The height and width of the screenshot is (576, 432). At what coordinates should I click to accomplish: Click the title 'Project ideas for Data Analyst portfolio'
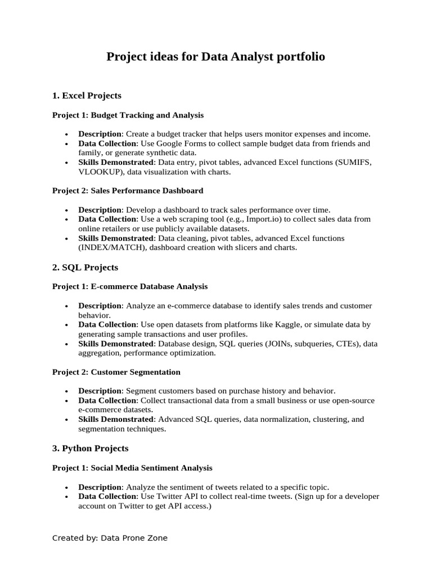click(x=216, y=57)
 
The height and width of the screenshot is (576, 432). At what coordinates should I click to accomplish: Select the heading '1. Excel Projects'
click(x=87, y=96)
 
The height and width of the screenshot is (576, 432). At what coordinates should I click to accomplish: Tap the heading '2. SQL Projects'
click(x=85, y=267)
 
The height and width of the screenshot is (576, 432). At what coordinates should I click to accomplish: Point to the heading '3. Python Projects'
click(x=90, y=448)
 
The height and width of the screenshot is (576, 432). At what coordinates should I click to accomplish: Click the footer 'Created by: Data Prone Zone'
click(x=110, y=538)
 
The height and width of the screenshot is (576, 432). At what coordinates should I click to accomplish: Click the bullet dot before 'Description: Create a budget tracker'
click(x=67, y=134)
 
